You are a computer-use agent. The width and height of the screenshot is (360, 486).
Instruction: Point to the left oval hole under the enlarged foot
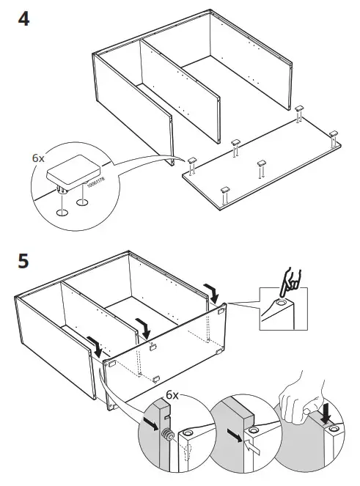coord(63,213)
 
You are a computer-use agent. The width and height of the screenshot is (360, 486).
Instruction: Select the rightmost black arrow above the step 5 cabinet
coord(213,292)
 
